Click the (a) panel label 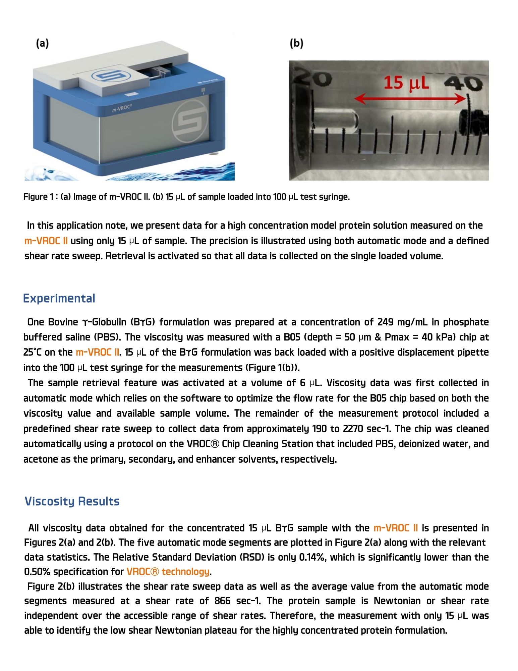[x=43, y=43]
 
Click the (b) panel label [x=296, y=43]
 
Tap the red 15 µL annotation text [x=406, y=83]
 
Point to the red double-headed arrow [x=411, y=99]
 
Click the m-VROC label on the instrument [x=122, y=108]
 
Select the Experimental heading [x=59, y=298]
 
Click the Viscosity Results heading [x=72, y=501]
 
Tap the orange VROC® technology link [x=168, y=572]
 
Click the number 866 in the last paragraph [x=222, y=601]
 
